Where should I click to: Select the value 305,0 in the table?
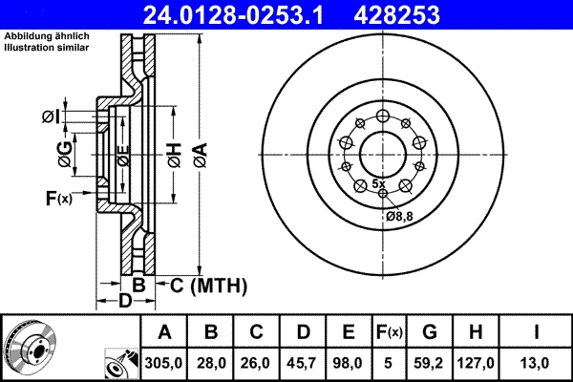tap(164, 362)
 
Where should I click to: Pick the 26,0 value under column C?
tap(257, 362)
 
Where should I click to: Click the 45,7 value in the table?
tap(303, 362)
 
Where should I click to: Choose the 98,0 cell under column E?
tap(349, 362)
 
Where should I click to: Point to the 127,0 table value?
tap(476, 362)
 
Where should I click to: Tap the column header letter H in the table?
tap(476, 332)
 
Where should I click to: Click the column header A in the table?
tap(164, 332)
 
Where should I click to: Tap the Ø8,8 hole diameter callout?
tap(399, 216)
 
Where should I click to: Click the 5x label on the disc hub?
tap(378, 182)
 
